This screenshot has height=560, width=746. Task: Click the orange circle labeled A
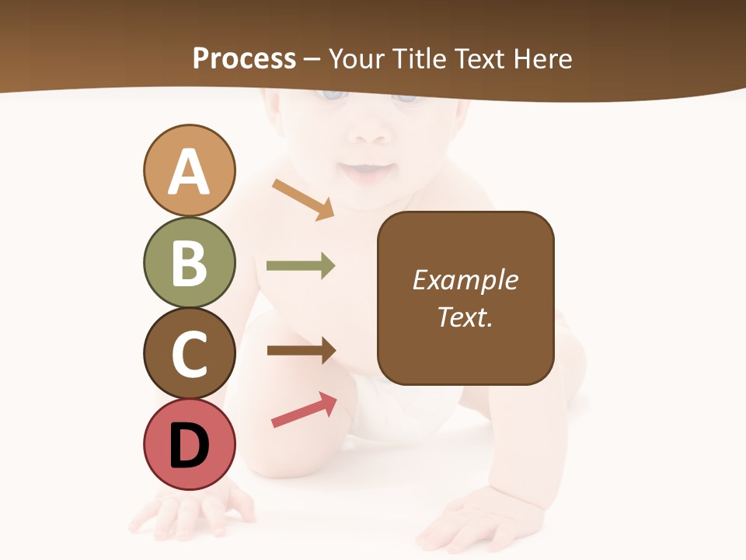189,170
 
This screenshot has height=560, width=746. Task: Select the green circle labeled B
189,262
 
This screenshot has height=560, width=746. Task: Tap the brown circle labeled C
189,353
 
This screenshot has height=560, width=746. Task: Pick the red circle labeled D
189,444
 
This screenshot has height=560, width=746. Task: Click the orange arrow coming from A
303,199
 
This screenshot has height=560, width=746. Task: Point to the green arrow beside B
301,266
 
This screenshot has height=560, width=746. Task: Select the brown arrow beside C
302,351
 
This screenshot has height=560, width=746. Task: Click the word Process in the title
244,58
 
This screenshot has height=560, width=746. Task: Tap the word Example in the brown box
465,280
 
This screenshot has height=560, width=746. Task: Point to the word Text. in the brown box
465,317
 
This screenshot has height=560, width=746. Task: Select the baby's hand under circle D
190,509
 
